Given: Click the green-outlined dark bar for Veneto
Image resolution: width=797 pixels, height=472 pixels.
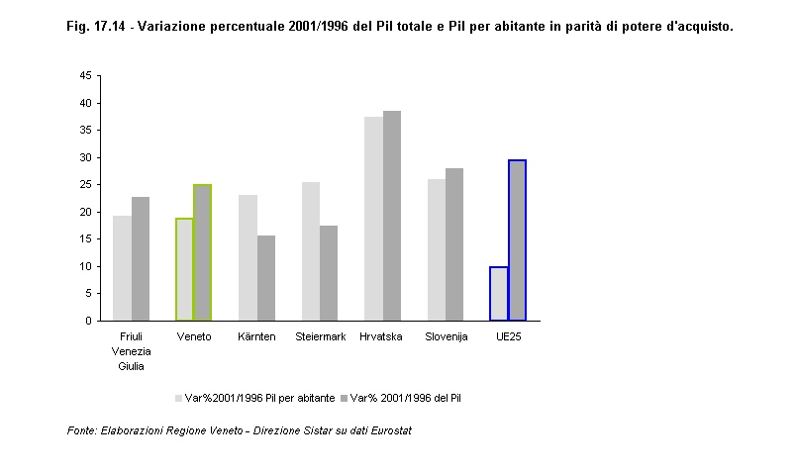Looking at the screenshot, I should pyautogui.click(x=203, y=252).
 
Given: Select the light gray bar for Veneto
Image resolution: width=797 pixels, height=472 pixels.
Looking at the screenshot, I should pyautogui.click(x=185, y=269).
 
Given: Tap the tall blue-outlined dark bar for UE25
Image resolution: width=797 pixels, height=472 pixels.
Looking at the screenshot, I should pyautogui.click(x=517, y=240).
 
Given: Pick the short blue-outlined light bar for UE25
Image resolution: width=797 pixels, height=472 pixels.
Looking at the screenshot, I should pyautogui.click(x=499, y=293).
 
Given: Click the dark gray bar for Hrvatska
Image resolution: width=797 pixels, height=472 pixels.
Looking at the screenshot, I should pyautogui.click(x=392, y=216).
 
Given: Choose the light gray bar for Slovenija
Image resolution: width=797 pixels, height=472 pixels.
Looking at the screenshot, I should pyautogui.click(x=437, y=249).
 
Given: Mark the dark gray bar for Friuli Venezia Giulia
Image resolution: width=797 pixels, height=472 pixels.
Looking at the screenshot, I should pyautogui.click(x=141, y=258).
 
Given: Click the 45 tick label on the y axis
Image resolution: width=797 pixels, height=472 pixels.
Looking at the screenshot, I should pyautogui.click(x=84, y=75).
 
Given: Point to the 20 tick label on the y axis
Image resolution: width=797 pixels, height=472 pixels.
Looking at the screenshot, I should pyautogui.click(x=84, y=212).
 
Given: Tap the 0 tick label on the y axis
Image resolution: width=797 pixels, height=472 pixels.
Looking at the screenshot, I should pyautogui.click(x=87, y=321).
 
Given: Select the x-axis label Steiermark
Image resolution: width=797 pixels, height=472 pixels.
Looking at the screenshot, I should pyautogui.click(x=320, y=337).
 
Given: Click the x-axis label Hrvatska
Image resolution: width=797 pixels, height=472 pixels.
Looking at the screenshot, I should pyautogui.click(x=382, y=337).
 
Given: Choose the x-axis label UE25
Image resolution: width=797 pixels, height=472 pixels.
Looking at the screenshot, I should pyautogui.click(x=508, y=337).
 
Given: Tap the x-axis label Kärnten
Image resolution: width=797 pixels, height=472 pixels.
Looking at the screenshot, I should pyautogui.click(x=256, y=337).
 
